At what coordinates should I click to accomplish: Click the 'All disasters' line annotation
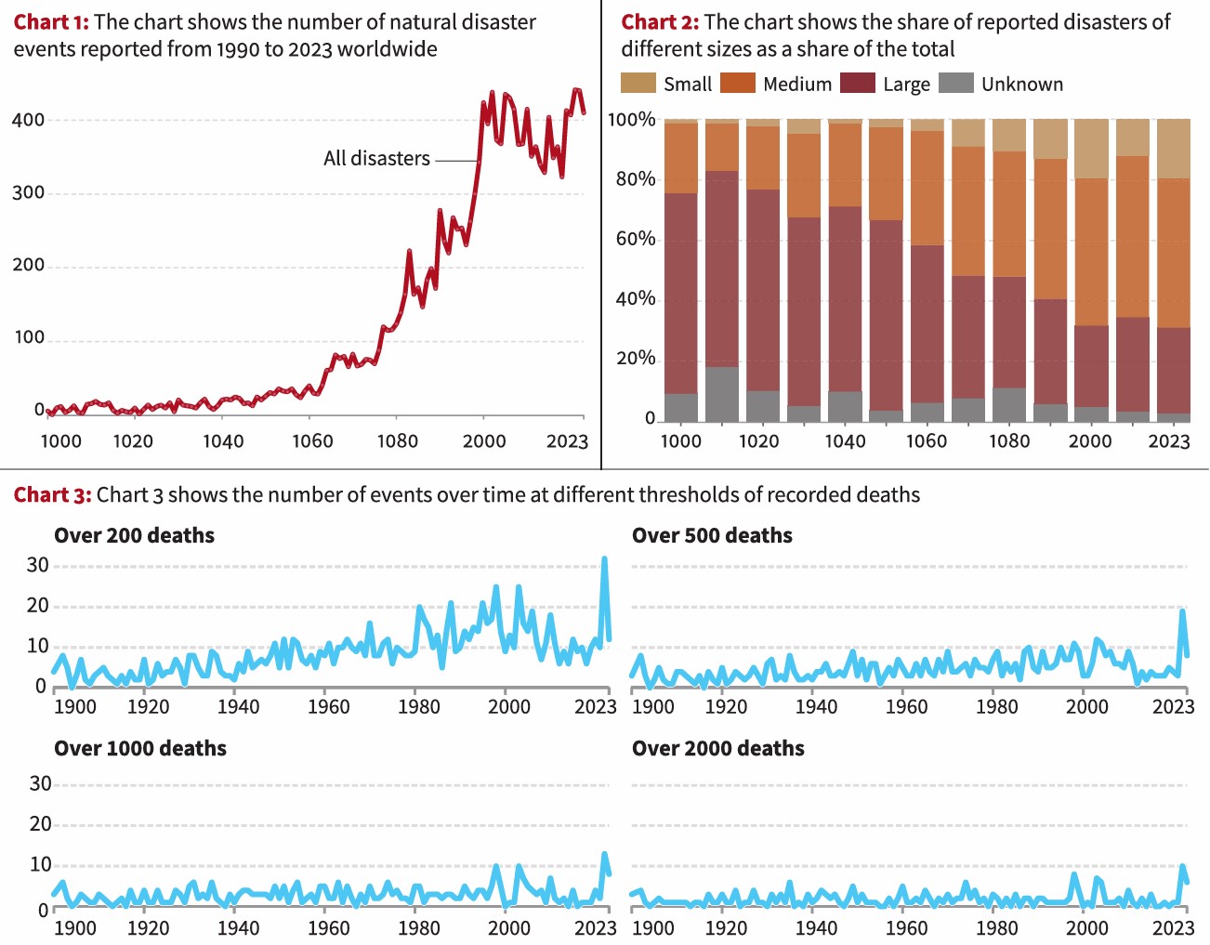(376, 159)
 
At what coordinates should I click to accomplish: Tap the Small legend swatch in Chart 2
(638, 84)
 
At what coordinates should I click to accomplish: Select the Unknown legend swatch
(956, 84)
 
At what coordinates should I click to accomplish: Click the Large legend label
(906, 85)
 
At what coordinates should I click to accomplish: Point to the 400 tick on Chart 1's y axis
(28, 120)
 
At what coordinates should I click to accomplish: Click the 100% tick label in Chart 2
(632, 120)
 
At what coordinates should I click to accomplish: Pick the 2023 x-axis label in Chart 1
(567, 441)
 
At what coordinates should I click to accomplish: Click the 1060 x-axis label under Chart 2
(927, 441)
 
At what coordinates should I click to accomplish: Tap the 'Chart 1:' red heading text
(51, 21)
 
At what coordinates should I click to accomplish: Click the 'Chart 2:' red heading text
(660, 21)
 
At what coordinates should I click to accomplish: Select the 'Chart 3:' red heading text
(52, 494)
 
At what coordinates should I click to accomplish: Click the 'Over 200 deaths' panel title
(134, 535)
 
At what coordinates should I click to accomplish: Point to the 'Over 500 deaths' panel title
(712, 535)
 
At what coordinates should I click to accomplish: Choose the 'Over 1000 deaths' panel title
(140, 748)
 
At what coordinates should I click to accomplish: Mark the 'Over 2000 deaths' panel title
(717, 748)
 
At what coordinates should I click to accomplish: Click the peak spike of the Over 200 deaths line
(604, 559)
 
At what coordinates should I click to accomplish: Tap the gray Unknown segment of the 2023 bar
(1173, 418)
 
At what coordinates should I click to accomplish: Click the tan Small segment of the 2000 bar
(1091, 149)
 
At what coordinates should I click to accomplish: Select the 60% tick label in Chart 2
(636, 239)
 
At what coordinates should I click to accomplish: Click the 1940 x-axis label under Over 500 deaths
(816, 706)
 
